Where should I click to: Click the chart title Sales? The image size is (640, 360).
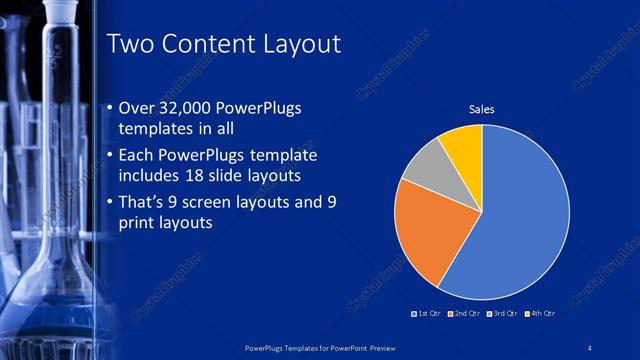[x=482, y=109]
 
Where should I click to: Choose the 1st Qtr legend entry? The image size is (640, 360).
[x=429, y=314]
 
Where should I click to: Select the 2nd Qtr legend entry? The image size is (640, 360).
[x=466, y=314]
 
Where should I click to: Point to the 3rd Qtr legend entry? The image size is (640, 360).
[x=503, y=314]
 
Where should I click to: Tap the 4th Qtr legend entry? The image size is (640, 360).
[x=540, y=314]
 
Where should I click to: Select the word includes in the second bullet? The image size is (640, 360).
[x=151, y=177]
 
